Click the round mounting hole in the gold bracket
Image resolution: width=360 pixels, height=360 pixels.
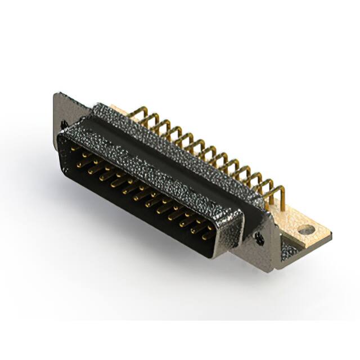(306, 230)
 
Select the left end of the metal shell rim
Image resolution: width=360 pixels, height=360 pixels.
(61, 135)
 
